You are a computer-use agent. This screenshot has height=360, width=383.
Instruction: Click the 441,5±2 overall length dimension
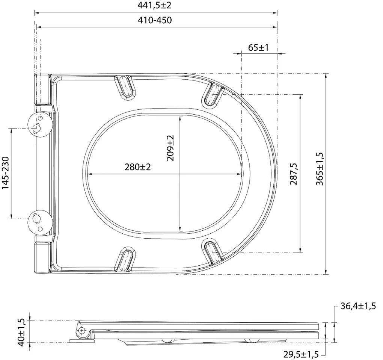(154, 5)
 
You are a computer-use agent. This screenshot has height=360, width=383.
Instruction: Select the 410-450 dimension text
(155, 20)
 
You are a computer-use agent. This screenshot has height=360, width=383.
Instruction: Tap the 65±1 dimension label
(258, 47)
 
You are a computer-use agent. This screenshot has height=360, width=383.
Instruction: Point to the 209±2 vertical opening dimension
(170, 148)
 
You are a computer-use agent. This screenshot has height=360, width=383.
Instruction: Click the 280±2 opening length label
(138, 167)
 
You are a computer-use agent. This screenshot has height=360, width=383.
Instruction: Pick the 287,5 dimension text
(294, 174)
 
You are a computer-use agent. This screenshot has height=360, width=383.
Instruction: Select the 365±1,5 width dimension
(320, 169)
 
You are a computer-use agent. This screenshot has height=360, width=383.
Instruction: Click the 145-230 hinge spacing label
(5, 172)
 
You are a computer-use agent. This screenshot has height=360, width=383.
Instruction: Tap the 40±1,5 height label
(21, 332)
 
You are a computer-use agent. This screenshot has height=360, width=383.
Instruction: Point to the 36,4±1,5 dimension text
(358, 306)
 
